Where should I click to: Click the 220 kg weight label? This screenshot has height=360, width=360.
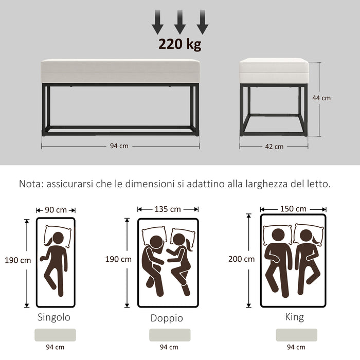pos(179,44)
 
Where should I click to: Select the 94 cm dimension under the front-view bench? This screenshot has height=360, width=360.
pos(119,146)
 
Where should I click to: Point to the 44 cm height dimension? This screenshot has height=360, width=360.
pos(322,98)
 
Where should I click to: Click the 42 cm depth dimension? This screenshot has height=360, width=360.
pos(274,147)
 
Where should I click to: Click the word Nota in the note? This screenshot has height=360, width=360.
pos(30,184)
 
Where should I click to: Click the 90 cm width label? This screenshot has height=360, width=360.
pos(56,210)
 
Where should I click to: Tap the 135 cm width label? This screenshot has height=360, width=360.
pos(168,209)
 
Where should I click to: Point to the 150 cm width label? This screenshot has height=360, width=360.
pos(293,209)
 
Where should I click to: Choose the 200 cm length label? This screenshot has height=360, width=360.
pos(241,259)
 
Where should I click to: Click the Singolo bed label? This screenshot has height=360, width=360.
pos(53,317)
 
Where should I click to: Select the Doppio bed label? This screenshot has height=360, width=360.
pos(167,318)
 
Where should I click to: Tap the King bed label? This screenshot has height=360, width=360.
pos(294,317)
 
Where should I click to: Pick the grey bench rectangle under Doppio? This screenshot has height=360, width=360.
pos(170,335)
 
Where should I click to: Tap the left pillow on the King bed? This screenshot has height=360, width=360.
pos(278,234)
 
